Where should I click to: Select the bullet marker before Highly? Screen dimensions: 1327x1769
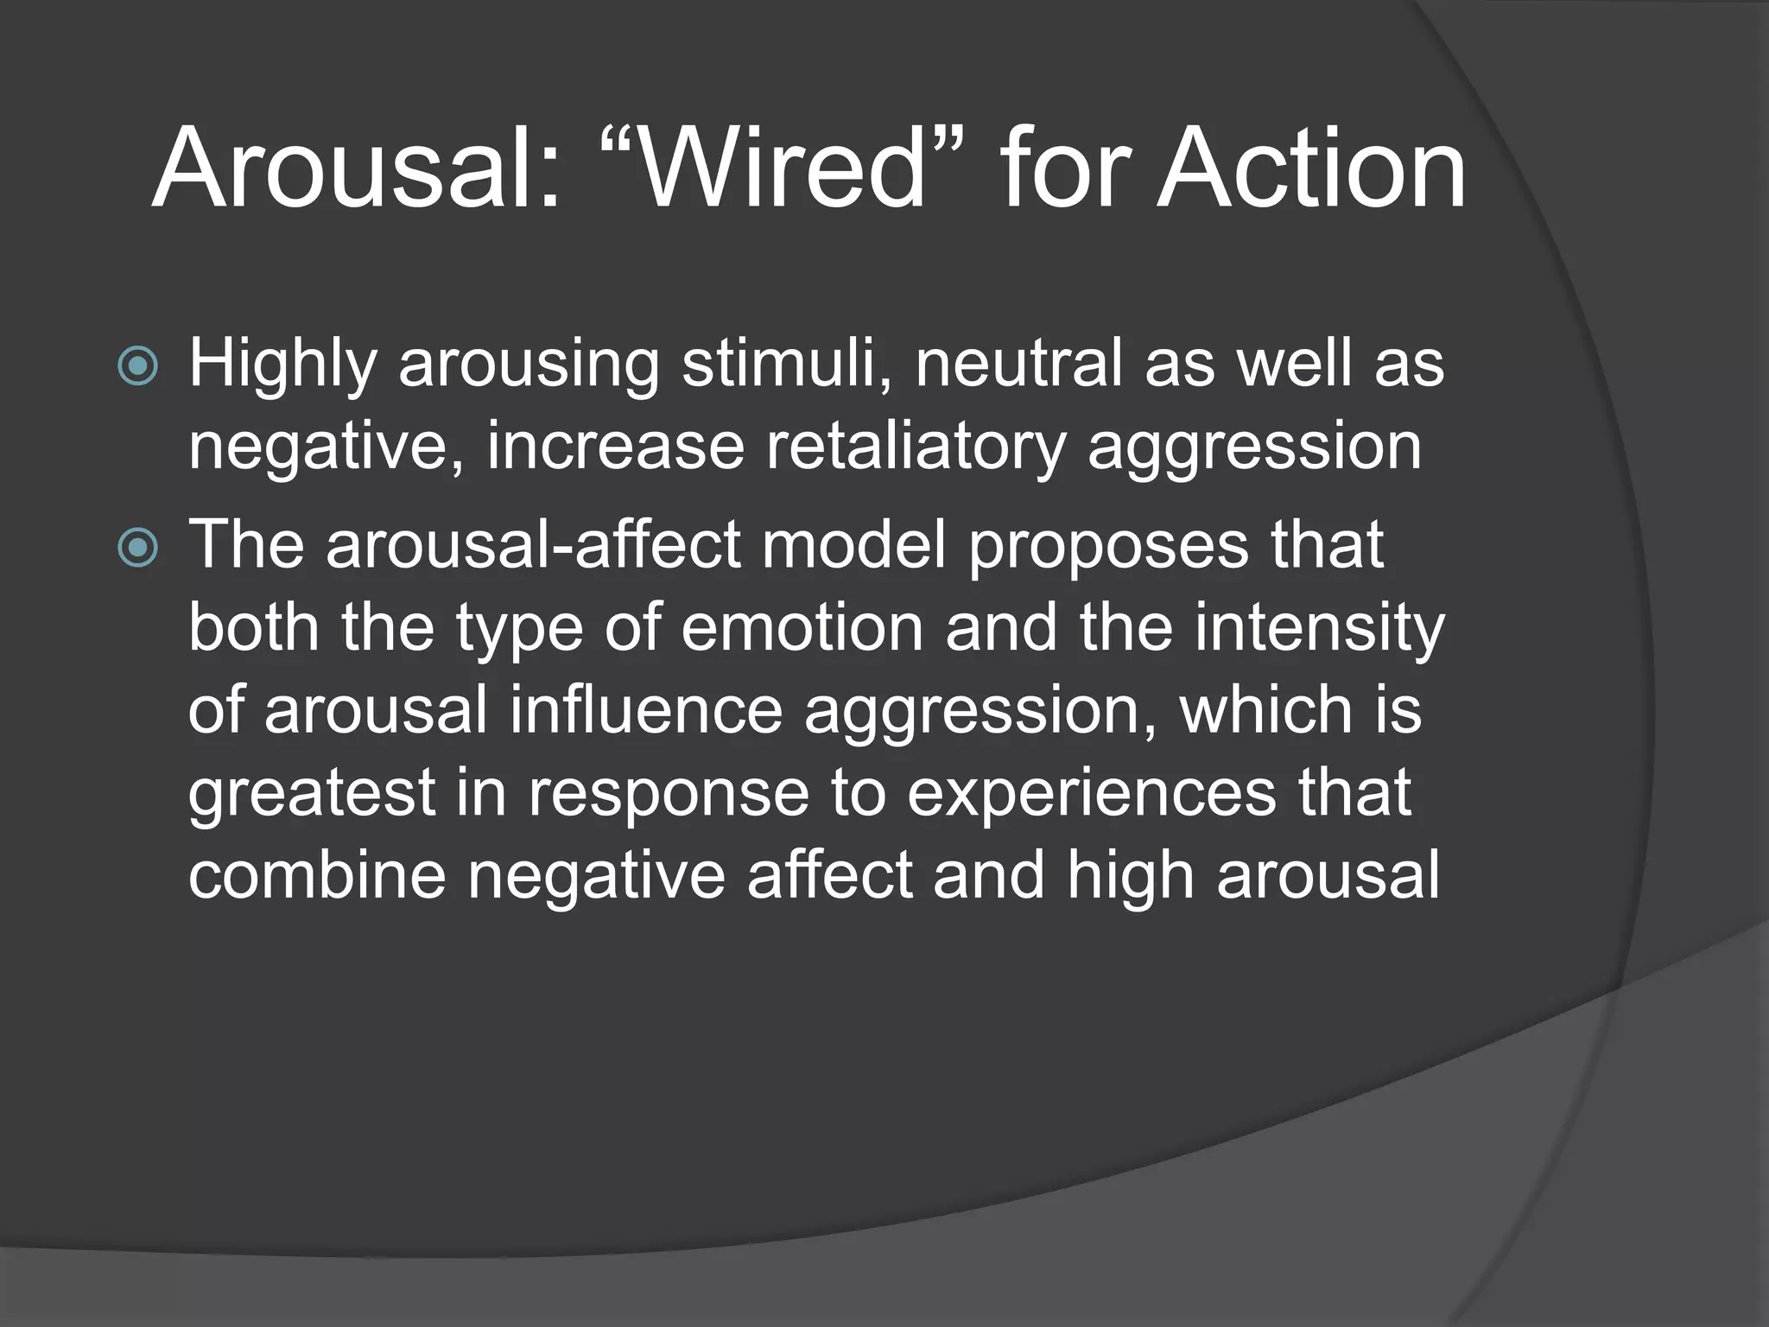coord(137,366)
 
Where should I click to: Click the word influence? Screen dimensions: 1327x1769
coord(645,710)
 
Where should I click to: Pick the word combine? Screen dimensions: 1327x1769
coord(317,876)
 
